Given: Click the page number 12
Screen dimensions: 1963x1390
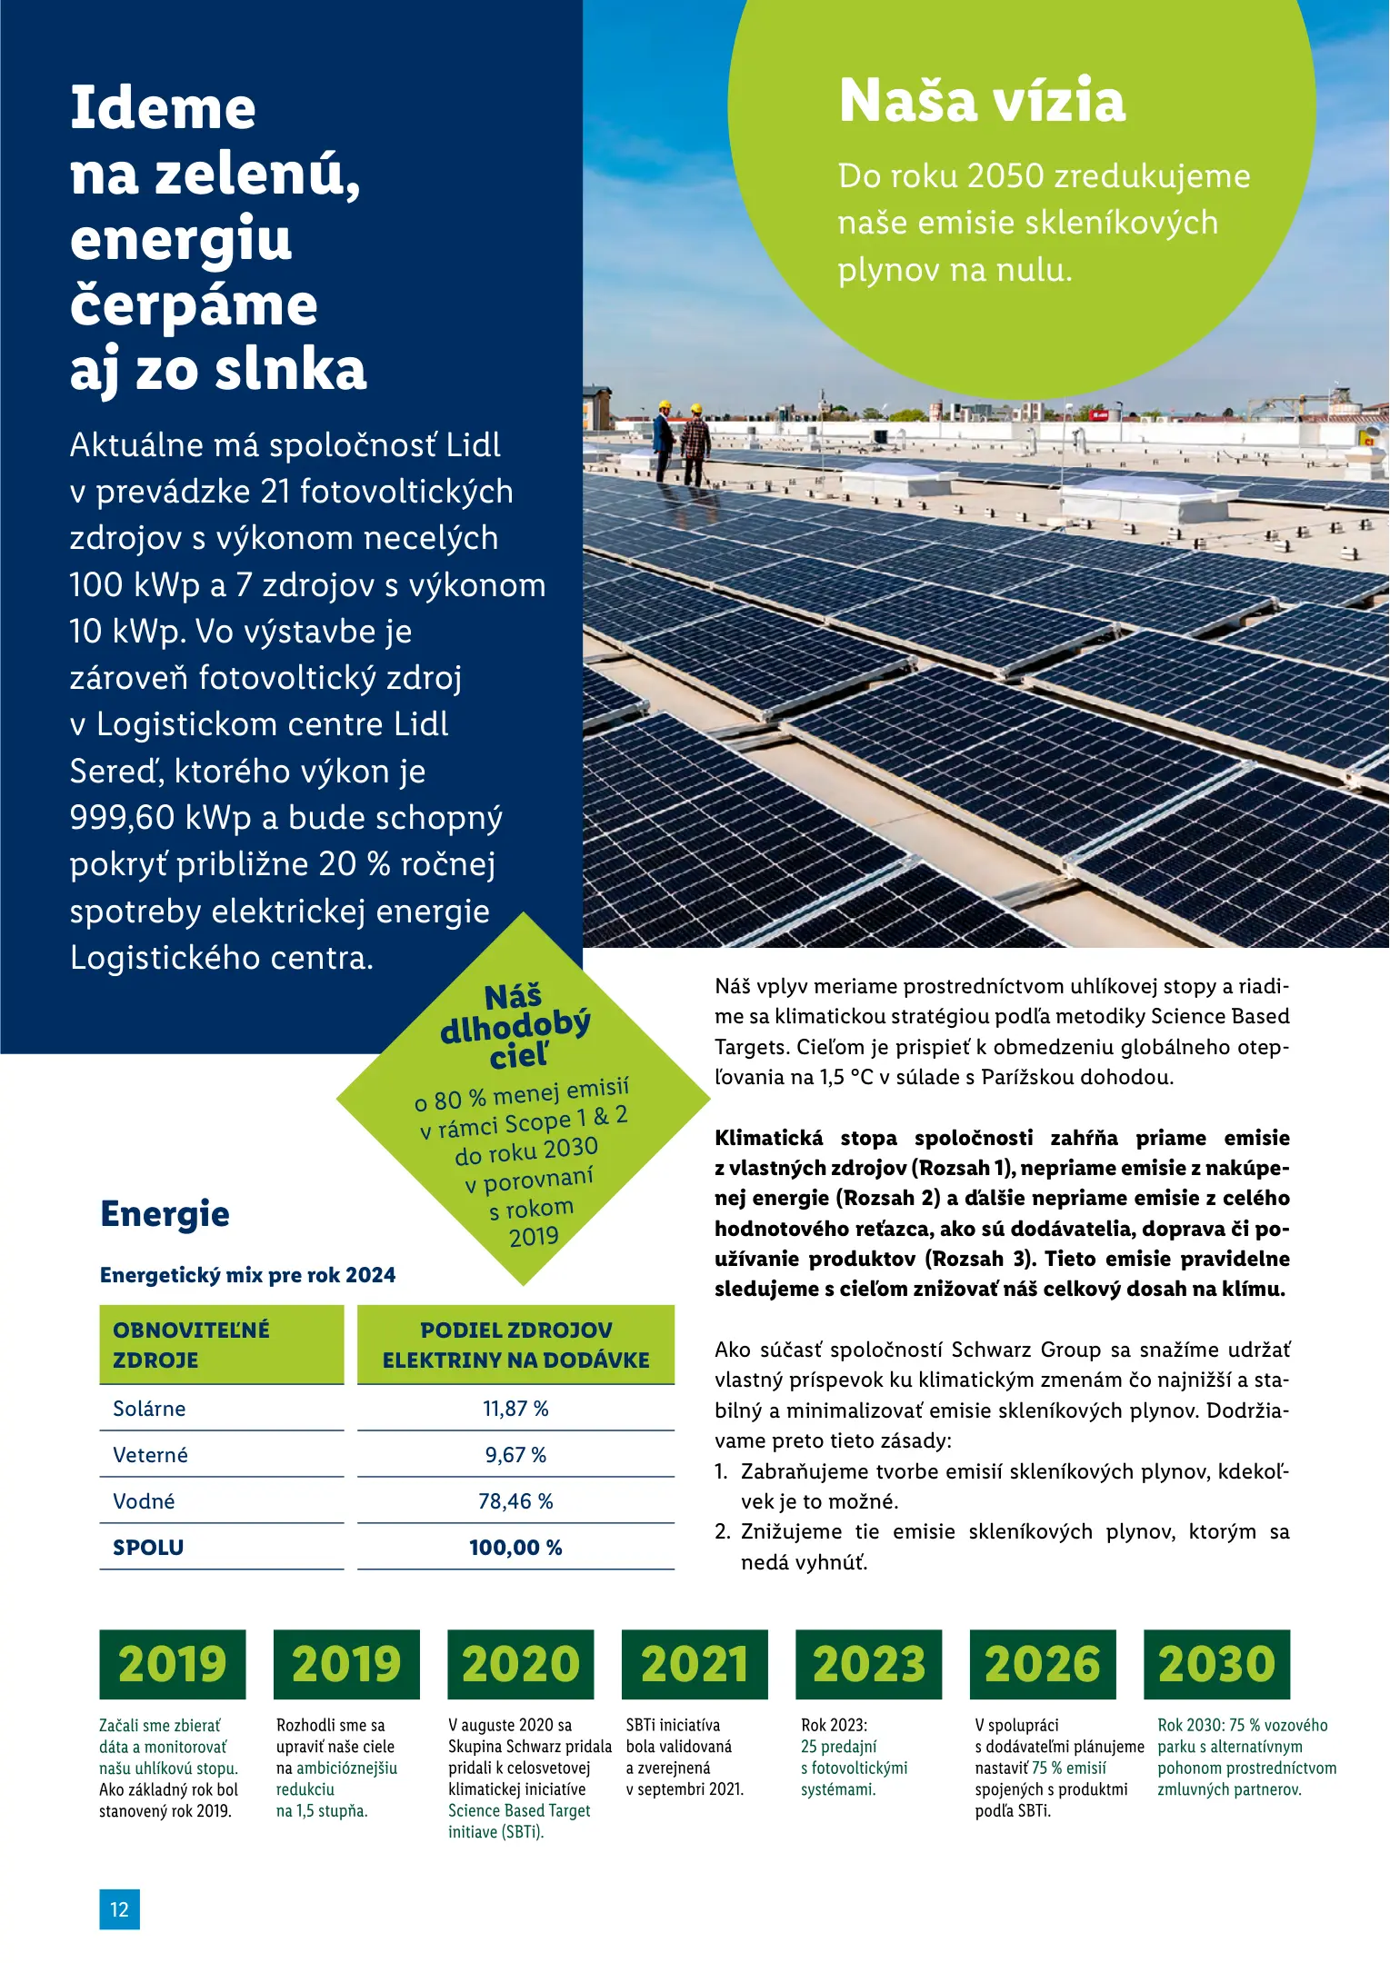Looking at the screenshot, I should (x=119, y=1909).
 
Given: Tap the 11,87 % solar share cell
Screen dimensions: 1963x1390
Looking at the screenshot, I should (x=515, y=1409).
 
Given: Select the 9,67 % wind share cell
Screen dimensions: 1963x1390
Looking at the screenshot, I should (x=515, y=1455).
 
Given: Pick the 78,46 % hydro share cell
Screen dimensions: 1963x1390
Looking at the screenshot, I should (x=515, y=1501).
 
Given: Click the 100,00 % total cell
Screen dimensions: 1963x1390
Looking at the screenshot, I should (x=515, y=1548).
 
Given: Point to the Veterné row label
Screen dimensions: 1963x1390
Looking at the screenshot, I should (x=150, y=1455).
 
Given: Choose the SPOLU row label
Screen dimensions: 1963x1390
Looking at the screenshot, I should (x=148, y=1548).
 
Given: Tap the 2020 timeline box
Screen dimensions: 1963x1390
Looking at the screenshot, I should (x=520, y=1665).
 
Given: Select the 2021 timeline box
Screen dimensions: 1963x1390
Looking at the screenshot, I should (x=695, y=1665).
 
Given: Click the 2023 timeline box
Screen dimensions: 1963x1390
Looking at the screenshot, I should (x=868, y=1665).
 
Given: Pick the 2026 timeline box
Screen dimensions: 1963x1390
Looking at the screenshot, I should (x=1043, y=1665).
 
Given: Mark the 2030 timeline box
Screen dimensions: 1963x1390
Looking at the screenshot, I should (x=1216, y=1665).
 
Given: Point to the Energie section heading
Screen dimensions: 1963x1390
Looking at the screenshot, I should (x=165, y=1214).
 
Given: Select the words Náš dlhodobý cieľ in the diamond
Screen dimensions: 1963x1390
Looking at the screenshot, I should (x=515, y=1027).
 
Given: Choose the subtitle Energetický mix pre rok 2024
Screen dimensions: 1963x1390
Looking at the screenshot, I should (x=247, y=1275).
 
